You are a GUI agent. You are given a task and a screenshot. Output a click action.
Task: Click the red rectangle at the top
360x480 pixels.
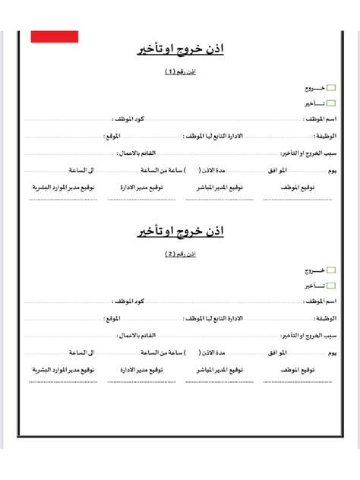(x=55, y=36)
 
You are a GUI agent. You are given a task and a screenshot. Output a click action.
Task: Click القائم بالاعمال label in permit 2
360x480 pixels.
(x=138, y=335)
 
